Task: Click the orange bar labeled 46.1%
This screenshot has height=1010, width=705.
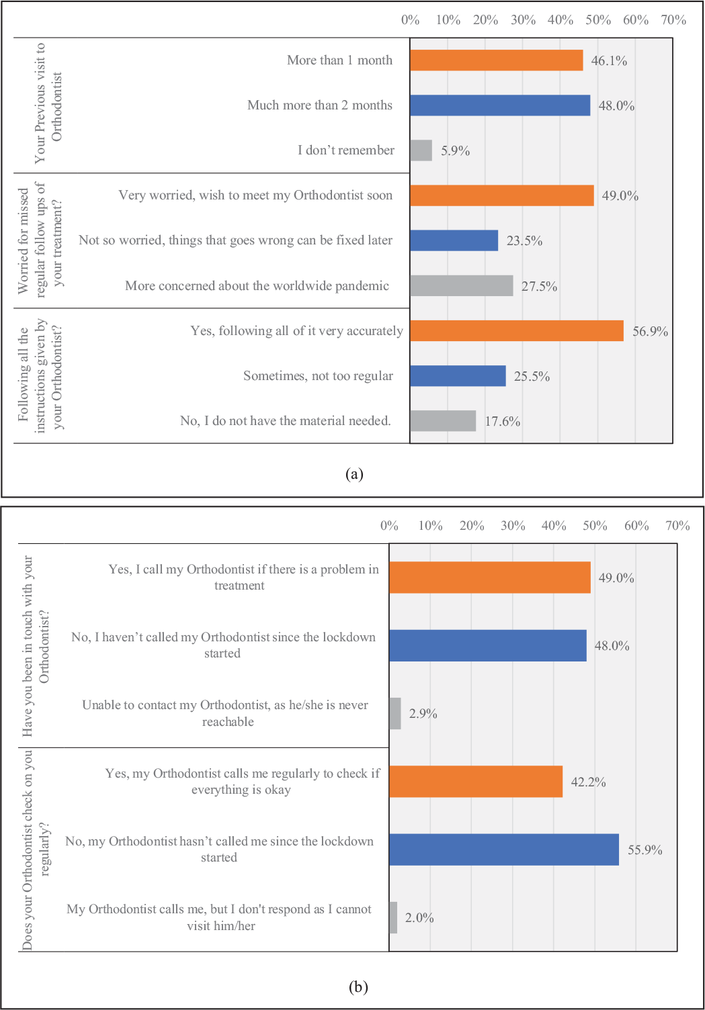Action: point(497,60)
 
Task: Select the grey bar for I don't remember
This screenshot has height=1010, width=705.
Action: point(421,150)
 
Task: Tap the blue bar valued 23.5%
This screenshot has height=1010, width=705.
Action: point(454,240)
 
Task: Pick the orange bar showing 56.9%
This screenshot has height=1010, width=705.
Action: point(517,330)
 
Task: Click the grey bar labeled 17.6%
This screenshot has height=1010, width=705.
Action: point(443,420)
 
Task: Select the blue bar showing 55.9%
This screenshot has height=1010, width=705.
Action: point(504,849)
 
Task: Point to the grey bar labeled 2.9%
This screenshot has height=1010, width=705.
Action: point(395,713)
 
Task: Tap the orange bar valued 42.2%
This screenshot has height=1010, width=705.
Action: point(476,782)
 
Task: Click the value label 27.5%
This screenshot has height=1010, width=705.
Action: point(540,286)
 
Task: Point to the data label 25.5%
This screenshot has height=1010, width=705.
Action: point(532,377)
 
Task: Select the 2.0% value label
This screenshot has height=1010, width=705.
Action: point(419,917)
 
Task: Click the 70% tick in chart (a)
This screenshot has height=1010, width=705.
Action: point(673,20)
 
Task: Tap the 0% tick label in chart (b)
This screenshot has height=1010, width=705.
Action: point(389,526)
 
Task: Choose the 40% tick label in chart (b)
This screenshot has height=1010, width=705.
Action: point(554,526)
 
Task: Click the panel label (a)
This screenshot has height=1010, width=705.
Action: point(354,474)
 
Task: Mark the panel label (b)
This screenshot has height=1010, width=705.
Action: point(358,986)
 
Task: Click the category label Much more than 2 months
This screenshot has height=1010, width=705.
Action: point(320,105)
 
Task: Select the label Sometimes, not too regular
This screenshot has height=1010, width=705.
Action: point(318,375)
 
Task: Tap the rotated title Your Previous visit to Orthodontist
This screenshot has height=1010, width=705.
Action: point(48,103)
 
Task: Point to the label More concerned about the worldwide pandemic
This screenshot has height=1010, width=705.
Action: point(257,286)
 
